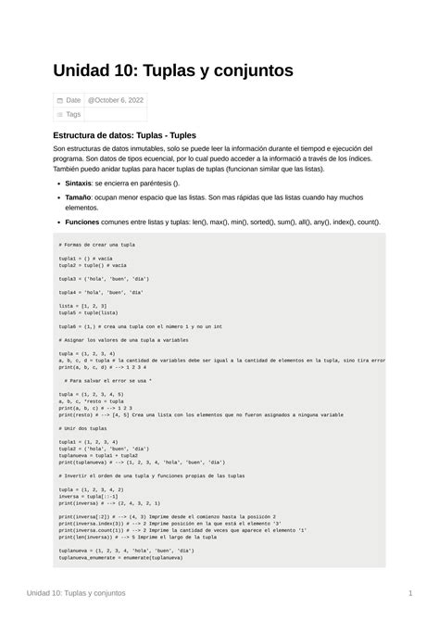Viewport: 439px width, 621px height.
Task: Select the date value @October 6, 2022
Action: (117, 100)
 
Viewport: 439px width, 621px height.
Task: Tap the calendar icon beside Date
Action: (60, 100)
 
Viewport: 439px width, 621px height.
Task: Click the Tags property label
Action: (73, 114)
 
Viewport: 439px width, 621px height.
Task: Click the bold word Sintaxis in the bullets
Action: (79, 184)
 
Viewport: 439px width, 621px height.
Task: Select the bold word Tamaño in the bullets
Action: (80, 198)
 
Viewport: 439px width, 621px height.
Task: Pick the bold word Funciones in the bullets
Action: (82, 222)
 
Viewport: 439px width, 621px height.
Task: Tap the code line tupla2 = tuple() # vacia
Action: (93, 264)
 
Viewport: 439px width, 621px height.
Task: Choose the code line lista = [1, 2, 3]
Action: (82, 305)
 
